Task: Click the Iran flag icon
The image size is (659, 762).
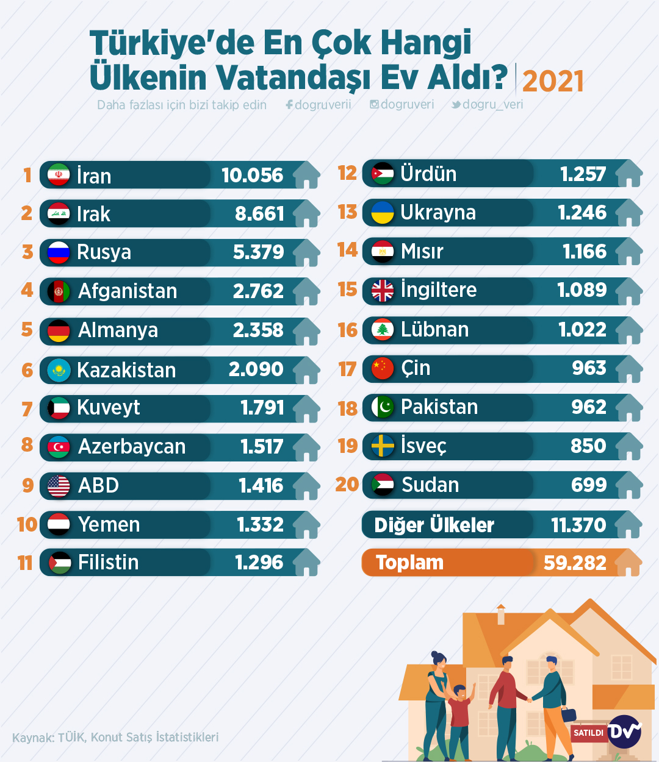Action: click(x=59, y=175)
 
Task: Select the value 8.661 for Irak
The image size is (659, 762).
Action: click(x=259, y=214)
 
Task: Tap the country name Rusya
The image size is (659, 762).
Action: click(x=104, y=252)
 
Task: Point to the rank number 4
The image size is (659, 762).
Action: click(x=27, y=290)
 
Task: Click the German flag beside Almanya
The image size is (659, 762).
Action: click(x=59, y=330)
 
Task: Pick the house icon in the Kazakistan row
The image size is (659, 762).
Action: click(x=306, y=370)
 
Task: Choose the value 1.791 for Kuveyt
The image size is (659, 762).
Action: click(x=262, y=408)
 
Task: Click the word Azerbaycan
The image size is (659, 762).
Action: click(x=132, y=447)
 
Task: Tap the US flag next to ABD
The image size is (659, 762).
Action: click(x=59, y=486)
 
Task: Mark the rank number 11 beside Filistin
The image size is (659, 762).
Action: click(x=25, y=563)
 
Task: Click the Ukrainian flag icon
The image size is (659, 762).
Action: click(x=383, y=213)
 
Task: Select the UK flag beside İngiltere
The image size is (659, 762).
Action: click(x=383, y=291)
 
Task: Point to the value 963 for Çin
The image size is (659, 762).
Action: click(x=589, y=368)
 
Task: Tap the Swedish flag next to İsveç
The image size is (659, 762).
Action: click(x=383, y=446)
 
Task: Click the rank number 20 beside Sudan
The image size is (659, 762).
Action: click(x=347, y=485)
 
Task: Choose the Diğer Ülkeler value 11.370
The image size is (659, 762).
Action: click(x=578, y=525)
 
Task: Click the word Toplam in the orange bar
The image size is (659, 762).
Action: click(x=409, y=563)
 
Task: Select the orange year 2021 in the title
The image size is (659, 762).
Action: click(x=553, y=81)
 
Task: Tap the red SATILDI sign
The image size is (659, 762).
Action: click(x=588, y=733)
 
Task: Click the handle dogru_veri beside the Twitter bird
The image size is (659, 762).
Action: click(x=492, y=104)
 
